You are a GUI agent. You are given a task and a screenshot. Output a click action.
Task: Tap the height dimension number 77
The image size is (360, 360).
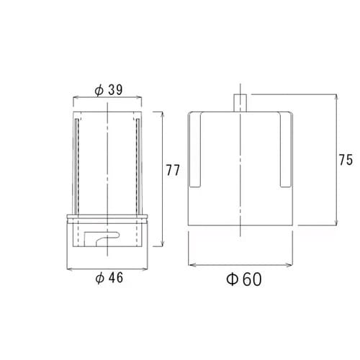coord(173,171)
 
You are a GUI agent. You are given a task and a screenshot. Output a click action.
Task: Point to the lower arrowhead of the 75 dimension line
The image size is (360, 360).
coord(333,225)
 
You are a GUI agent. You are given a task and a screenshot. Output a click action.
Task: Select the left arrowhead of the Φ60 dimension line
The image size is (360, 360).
coord(190,264)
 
